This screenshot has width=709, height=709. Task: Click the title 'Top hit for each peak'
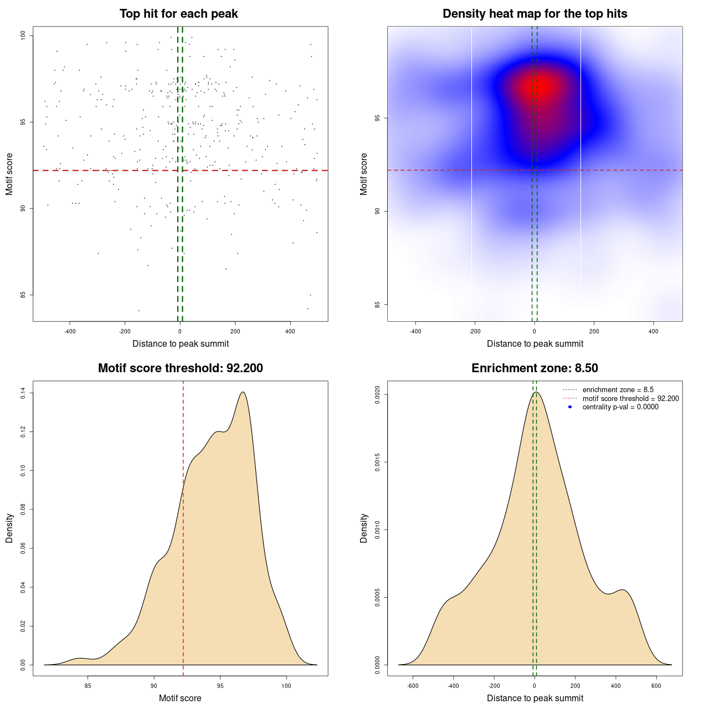[178, 14]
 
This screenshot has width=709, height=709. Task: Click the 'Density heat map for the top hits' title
[535, 14]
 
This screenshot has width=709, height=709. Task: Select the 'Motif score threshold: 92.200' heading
[180, 368]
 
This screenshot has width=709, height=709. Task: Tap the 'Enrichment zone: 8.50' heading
[535, 368]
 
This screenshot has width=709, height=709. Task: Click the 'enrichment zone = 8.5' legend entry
[618, 390]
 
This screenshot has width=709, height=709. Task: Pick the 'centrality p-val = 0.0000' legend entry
[620, 407]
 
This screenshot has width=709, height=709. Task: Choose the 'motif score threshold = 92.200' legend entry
[630, 399]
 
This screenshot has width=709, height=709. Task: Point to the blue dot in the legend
[570, 407]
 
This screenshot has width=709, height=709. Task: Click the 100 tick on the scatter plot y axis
[23, 36]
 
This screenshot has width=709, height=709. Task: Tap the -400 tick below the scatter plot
[70, 331]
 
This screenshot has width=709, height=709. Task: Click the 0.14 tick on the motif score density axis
[23, 393]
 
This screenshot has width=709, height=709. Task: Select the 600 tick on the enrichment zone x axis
[656, 686]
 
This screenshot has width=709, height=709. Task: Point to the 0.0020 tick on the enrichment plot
[378, 394]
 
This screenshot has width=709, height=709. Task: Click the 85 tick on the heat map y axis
[378, 304]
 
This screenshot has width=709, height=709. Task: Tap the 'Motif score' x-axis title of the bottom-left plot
[180, 698]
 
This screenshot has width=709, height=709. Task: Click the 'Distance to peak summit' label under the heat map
[535, 344]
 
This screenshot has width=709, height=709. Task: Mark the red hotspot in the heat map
[540, 86]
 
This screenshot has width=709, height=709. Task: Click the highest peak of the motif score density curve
[243, 392]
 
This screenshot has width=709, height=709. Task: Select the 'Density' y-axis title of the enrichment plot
[364, 528]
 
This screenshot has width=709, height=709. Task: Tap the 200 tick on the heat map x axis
[594, 331]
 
